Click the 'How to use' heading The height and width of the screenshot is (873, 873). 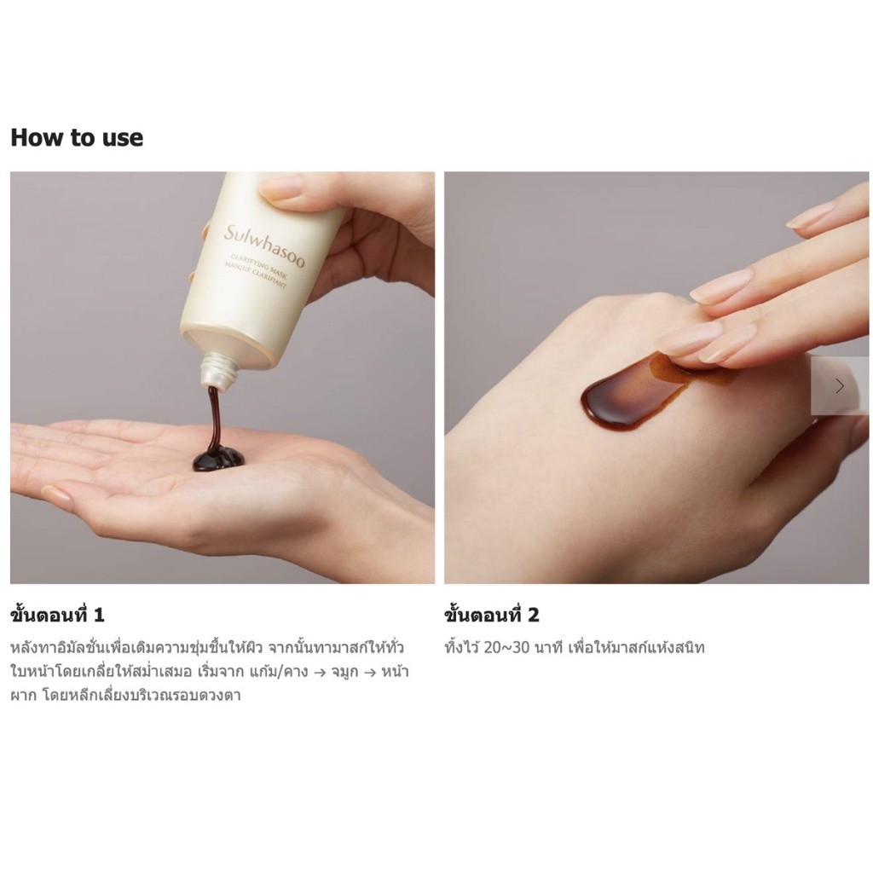pos(77,137)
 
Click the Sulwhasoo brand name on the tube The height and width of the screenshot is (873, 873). pos(264,246)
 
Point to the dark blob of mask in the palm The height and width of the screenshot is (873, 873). pos(217,458)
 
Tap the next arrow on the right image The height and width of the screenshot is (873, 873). pos(840,386)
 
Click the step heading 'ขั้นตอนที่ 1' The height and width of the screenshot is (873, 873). pos(57,615)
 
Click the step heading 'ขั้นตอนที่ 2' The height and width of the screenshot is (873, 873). pos(492,615)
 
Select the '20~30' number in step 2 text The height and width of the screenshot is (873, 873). pos(506,648)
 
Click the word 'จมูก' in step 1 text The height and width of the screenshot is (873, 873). pos(344,672)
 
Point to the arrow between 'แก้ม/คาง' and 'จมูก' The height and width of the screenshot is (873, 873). pos(320,672)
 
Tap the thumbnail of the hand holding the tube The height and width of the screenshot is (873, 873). pos(223,378)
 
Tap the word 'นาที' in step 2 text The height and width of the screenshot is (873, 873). pos(548,648)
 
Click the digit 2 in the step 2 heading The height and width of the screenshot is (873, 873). pos(533,616)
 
